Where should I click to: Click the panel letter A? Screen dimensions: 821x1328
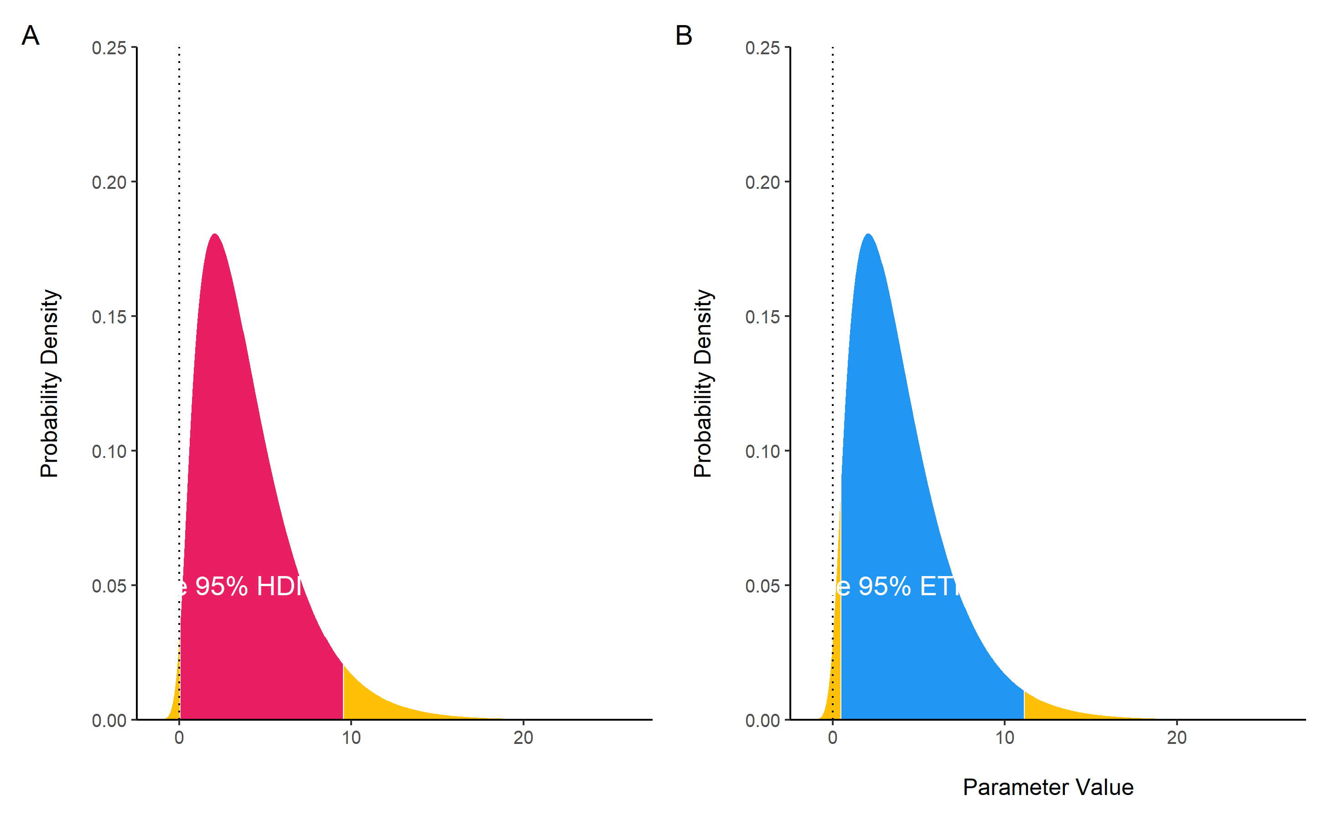(x=31, y=36)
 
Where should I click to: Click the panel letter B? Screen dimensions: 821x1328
(x=684, y=36)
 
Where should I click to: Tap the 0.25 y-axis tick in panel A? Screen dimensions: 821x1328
(x=109, y=48)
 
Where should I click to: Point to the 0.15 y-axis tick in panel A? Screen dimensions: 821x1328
(x=109, y=317)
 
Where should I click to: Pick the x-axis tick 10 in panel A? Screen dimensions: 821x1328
(x=351, y=738)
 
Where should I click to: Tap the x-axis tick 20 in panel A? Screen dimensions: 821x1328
(x=524, y=738)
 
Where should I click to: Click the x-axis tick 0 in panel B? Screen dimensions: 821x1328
(x=832, y=738)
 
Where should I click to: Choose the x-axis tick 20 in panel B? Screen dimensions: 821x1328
(x=1177, y=738)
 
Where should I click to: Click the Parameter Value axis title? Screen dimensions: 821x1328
(x=1048, y=787)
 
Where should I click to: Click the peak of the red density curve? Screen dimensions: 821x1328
(x=215, y=235)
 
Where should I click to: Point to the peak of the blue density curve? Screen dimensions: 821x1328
(x=869, y=235)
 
